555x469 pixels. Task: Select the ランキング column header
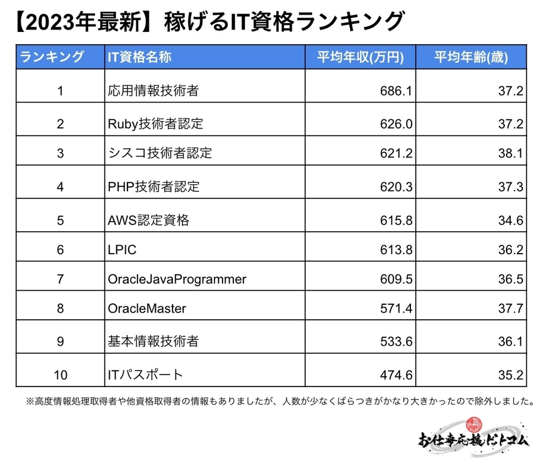click(52, 57)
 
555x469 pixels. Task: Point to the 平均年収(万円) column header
click(361, 57)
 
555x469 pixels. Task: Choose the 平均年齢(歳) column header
click(472, 57)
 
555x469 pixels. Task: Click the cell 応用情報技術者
click(154, 91)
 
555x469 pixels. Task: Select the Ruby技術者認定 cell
click(156, 124)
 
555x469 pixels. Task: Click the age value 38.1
click(511, 153)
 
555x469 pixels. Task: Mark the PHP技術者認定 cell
click(154, 186)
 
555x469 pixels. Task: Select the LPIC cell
click(122, 250)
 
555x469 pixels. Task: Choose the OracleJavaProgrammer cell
click(177, 279)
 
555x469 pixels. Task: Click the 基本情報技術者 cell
click(154, 341)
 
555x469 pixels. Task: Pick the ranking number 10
click(60, 375)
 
